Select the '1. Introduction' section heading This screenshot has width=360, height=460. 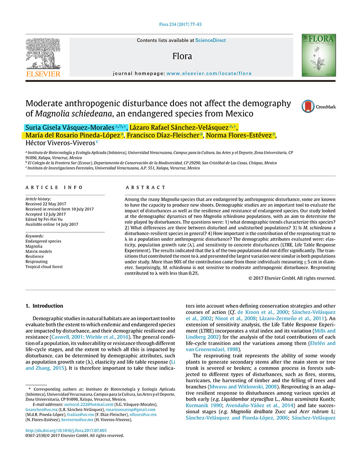point(44,306)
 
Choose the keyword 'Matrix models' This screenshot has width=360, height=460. point(38,252)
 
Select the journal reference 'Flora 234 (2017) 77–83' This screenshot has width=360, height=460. point(180,25)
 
